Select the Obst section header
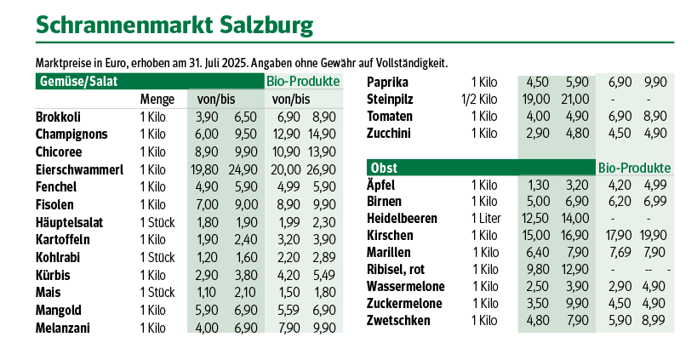coord(382,167)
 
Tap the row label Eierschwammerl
coord(79,169)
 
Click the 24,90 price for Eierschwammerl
coord(243,169)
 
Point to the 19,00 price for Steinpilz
coord(537,99)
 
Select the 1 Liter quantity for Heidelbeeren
coord(484,219)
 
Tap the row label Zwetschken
coord(398,321)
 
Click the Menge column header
coord(157,100)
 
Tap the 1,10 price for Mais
coord(207,293)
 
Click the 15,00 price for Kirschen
coord(537,236)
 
